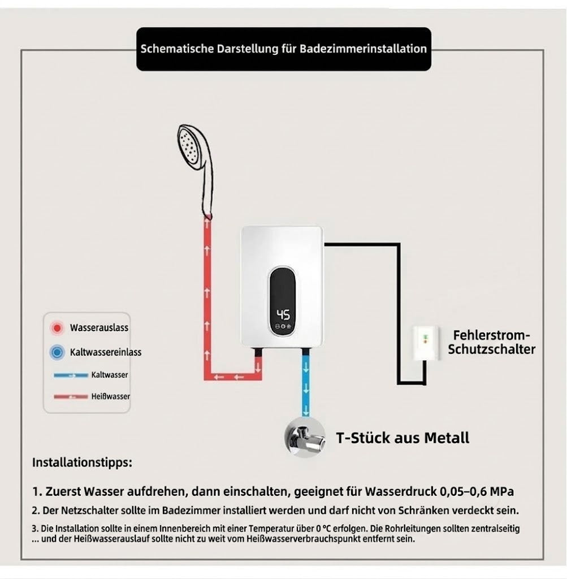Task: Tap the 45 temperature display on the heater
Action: pyautogui.click(x=283, y=314)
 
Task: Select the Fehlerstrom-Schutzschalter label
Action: pyautogui.click(x=492, y=342)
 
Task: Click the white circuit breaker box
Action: pyautogui.click(x=426, y=343)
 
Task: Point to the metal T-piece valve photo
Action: pyautogui.click(x=305, y=438)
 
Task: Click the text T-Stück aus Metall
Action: pyautogui.click(x=402, y=438)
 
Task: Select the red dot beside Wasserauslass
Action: pyautogui.click(x=57, y=327)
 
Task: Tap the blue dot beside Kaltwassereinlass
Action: pyautogui.click(x=57, y=352)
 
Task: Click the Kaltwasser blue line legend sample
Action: pyautogui.click(x=71, y=375)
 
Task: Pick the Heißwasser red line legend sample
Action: pyautogui.click(x=71, y=396)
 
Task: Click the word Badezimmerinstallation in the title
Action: pyautogui.click(x=363, y=49)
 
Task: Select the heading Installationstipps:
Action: pyautogui.click(x=82, y=463)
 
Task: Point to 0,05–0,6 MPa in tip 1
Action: pyautogui.click(x=477, y=491)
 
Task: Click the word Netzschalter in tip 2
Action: pyautogui.click(x=85, y=511)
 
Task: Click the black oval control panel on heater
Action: pyautogui.click(x=283, y=302)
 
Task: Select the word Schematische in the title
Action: pyautogui.click(x=177, y=49)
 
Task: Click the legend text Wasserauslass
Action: pyautogui.click(x=99, y=327)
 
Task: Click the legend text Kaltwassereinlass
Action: pyautogui.click(x=106, y=352)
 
